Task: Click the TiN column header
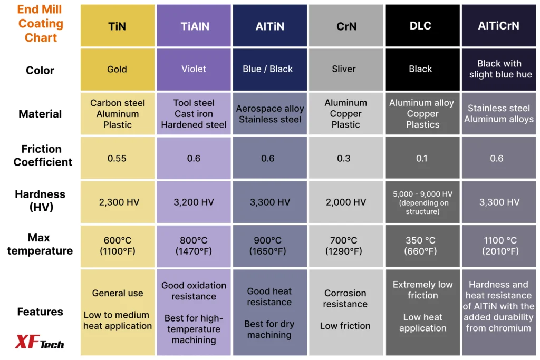(x=118, y=25)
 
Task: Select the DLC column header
(x=422, y=25)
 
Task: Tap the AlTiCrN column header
(x=499, y=25)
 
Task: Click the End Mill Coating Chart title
(x=40, y=23)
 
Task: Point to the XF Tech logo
(x=39, y=342)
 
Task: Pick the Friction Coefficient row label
(x=42, y=155)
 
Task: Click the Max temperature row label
(x=40, y=244)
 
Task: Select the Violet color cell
(x=194, y=70)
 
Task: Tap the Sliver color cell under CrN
(x=346, y=70)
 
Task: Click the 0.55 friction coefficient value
(x=118, y=158)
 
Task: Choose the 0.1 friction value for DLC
(x=422, y=158)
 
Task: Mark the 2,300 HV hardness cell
(x=118, y=202)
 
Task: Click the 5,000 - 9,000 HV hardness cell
(x=422, y=202)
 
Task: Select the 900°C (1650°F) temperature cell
(x=269, y=246)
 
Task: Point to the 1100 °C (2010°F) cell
(x=499, y=246)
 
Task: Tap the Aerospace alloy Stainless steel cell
(x=269, y=113)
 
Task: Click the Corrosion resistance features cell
(x=346, y=312)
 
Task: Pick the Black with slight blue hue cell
(x=499, y=70)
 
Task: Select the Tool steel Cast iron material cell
(x=194, y=113)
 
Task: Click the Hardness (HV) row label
(x=40, y=200)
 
